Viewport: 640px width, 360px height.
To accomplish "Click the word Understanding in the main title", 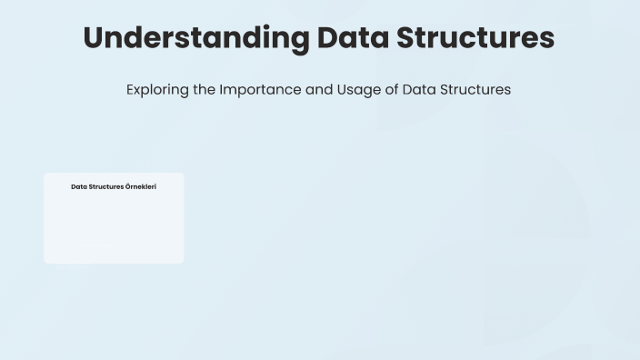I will [195, 39].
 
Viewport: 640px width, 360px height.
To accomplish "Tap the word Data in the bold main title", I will [357, 39].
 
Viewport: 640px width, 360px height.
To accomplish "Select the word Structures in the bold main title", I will [481, 39].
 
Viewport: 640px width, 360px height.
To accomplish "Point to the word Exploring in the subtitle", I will [157, 90].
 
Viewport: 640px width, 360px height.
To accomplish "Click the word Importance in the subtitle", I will [260, 90].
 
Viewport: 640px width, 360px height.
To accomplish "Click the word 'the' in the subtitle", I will [205, 90].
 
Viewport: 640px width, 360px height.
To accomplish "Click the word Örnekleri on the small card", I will [141, 187].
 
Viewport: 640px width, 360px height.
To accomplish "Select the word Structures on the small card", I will [106, 187].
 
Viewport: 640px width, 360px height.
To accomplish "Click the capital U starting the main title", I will [94, 39].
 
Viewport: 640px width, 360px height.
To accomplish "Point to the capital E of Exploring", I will [131, 90].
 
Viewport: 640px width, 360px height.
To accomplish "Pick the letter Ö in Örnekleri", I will [128, 187].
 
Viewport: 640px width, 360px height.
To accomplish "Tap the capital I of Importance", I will [221, 90].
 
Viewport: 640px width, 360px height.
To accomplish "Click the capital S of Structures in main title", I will [415, 39].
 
